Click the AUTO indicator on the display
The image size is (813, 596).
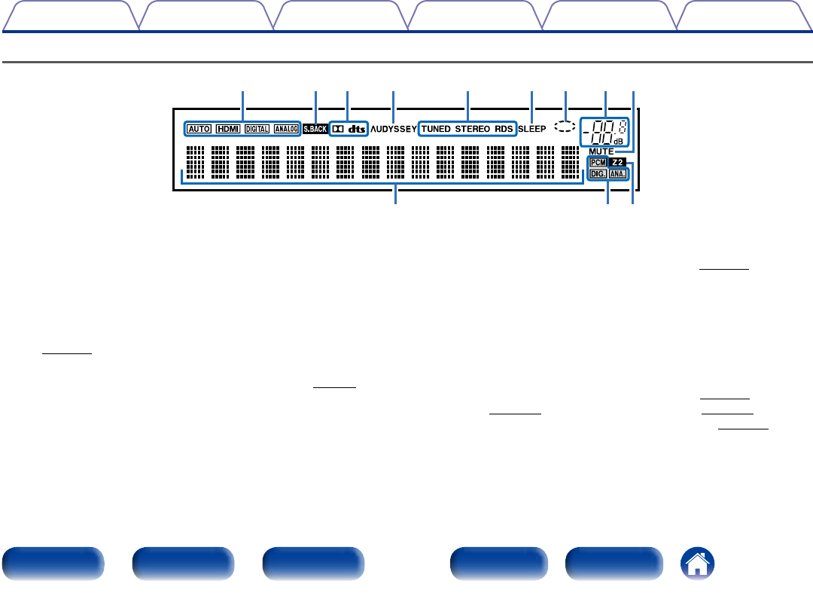(199, 129)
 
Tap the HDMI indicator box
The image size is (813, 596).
(227, 129)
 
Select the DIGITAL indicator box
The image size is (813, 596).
(257, 129)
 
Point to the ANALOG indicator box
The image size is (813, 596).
(286, 129)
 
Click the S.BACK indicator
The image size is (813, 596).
(315, 129)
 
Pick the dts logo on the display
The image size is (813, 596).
(357, 129)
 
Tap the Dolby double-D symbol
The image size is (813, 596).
(339, 129)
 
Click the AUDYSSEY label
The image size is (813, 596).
(393, 129)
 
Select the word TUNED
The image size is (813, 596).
(436, 129)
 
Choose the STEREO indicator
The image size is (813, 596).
(472, 129)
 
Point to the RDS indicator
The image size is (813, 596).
(504, 129)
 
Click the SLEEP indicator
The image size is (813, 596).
(532, 129)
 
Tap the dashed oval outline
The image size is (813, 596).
(564, 127)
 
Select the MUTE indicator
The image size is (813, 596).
(601, 152)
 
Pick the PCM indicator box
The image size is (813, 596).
(598, 162)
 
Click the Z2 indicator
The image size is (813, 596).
(618, 162)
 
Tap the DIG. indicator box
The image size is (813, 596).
(598, 173)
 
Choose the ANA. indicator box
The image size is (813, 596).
(618, 173)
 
